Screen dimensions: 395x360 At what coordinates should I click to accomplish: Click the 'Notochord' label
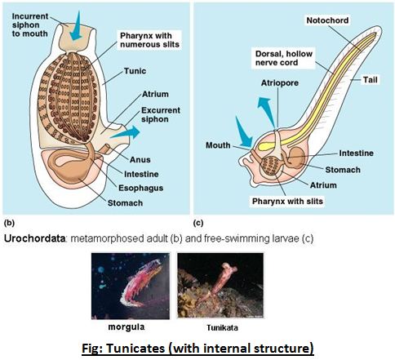coord(327,20)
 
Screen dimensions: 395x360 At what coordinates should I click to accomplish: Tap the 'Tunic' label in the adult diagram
coord(135,71)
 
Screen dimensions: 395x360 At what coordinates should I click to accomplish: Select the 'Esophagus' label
coord(141,188)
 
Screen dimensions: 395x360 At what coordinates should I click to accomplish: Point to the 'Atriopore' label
coord(280,83)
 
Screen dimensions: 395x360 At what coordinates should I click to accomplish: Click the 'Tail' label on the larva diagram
coord(371,80)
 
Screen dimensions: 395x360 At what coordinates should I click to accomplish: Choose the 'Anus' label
coord(140,160)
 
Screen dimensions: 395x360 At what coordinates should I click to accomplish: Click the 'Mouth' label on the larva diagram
coord(218,145)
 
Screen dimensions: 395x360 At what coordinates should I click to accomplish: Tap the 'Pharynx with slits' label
coord(287,202)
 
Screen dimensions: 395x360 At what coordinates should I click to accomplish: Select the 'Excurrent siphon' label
coord(161,114)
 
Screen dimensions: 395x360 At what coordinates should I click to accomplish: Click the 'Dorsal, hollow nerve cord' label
coord(284,58)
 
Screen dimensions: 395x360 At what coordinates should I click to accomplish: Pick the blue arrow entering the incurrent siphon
coord(76,26)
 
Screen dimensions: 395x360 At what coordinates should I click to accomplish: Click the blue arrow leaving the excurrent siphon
coord(126,132)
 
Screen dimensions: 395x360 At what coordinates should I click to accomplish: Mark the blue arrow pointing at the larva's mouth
coord(244,132)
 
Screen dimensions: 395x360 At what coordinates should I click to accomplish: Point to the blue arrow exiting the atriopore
coord(267,112)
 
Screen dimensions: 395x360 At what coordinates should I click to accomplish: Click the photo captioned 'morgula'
coord(131,286)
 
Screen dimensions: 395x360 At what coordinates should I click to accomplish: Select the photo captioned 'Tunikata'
coord(220,286)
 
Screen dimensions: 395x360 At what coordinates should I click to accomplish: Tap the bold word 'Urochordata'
coord(34,238)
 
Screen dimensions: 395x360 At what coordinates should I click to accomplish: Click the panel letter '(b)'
coord(9,223)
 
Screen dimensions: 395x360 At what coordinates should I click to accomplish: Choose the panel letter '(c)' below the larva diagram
coord(198,223)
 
